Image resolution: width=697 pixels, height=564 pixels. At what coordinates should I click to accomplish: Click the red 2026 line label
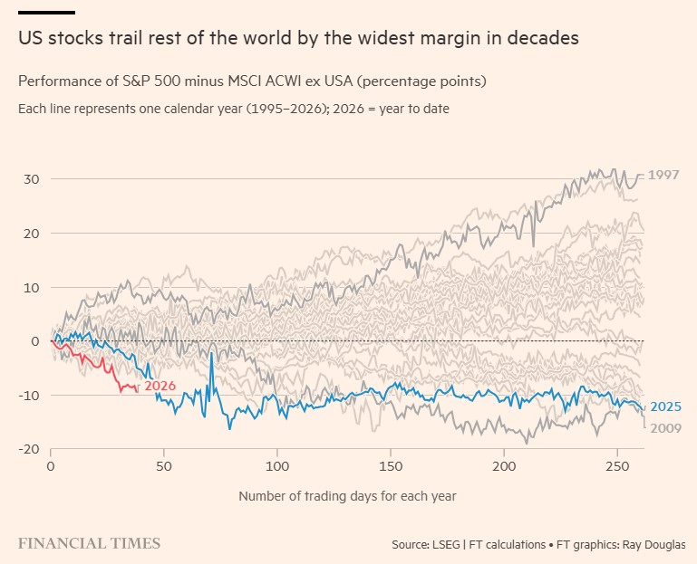pyautogui.click(x=160, y=386)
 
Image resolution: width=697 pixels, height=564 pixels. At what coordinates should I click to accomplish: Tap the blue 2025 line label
pyautogui.click(x=665, y=406)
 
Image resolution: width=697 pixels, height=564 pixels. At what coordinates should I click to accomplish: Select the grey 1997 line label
pyautogui.click(x=663, y=175)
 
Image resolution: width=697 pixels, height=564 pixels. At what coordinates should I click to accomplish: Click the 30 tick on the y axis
pyautogui.click(x=31, y=179)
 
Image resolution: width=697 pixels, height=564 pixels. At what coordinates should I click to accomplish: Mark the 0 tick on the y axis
pyautogui.click(x=34, y=341)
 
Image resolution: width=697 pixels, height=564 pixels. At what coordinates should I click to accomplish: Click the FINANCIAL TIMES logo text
pyautogui.click(x=89, y=543)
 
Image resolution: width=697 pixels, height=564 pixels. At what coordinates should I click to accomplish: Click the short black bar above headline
pyautogui.click(x=46, y=13)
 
